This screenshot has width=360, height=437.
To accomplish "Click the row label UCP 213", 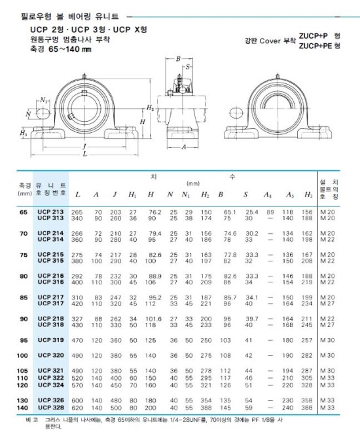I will [x=51, y=212].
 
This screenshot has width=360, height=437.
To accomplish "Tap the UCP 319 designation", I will [x=51, y=341].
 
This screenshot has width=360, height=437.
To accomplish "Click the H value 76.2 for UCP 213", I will [x=154, y=212].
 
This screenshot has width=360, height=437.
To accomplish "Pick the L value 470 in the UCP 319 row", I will [x=77, y=341].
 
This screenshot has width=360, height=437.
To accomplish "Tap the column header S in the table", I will [x=246, y=195].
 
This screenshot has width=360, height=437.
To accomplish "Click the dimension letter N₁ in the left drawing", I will [x=44, y=100].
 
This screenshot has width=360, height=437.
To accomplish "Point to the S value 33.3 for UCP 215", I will [x=251, y=255].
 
